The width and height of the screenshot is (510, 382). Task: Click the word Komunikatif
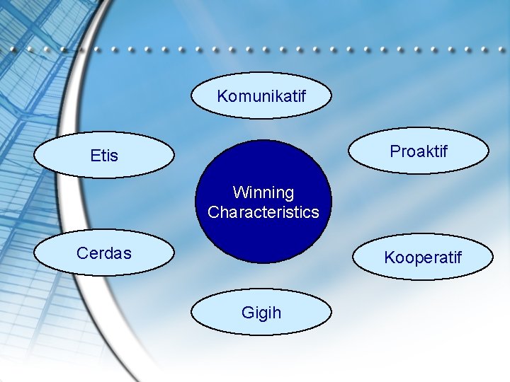[x=261, y=95]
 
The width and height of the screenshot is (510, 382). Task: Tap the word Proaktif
[x=419, y=151]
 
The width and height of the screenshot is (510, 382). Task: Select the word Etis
[x=104, y=156]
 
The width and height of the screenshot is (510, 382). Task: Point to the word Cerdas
[x=104, y=253]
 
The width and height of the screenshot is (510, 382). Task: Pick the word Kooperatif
[x=423, y=257]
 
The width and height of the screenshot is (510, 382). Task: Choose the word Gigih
[x=261, y=312]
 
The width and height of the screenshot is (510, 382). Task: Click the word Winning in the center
[x=263, y=192]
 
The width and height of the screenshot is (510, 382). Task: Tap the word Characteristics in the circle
[x=263, y=212]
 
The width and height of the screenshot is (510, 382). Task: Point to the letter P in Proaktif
[x=395, y=151]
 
